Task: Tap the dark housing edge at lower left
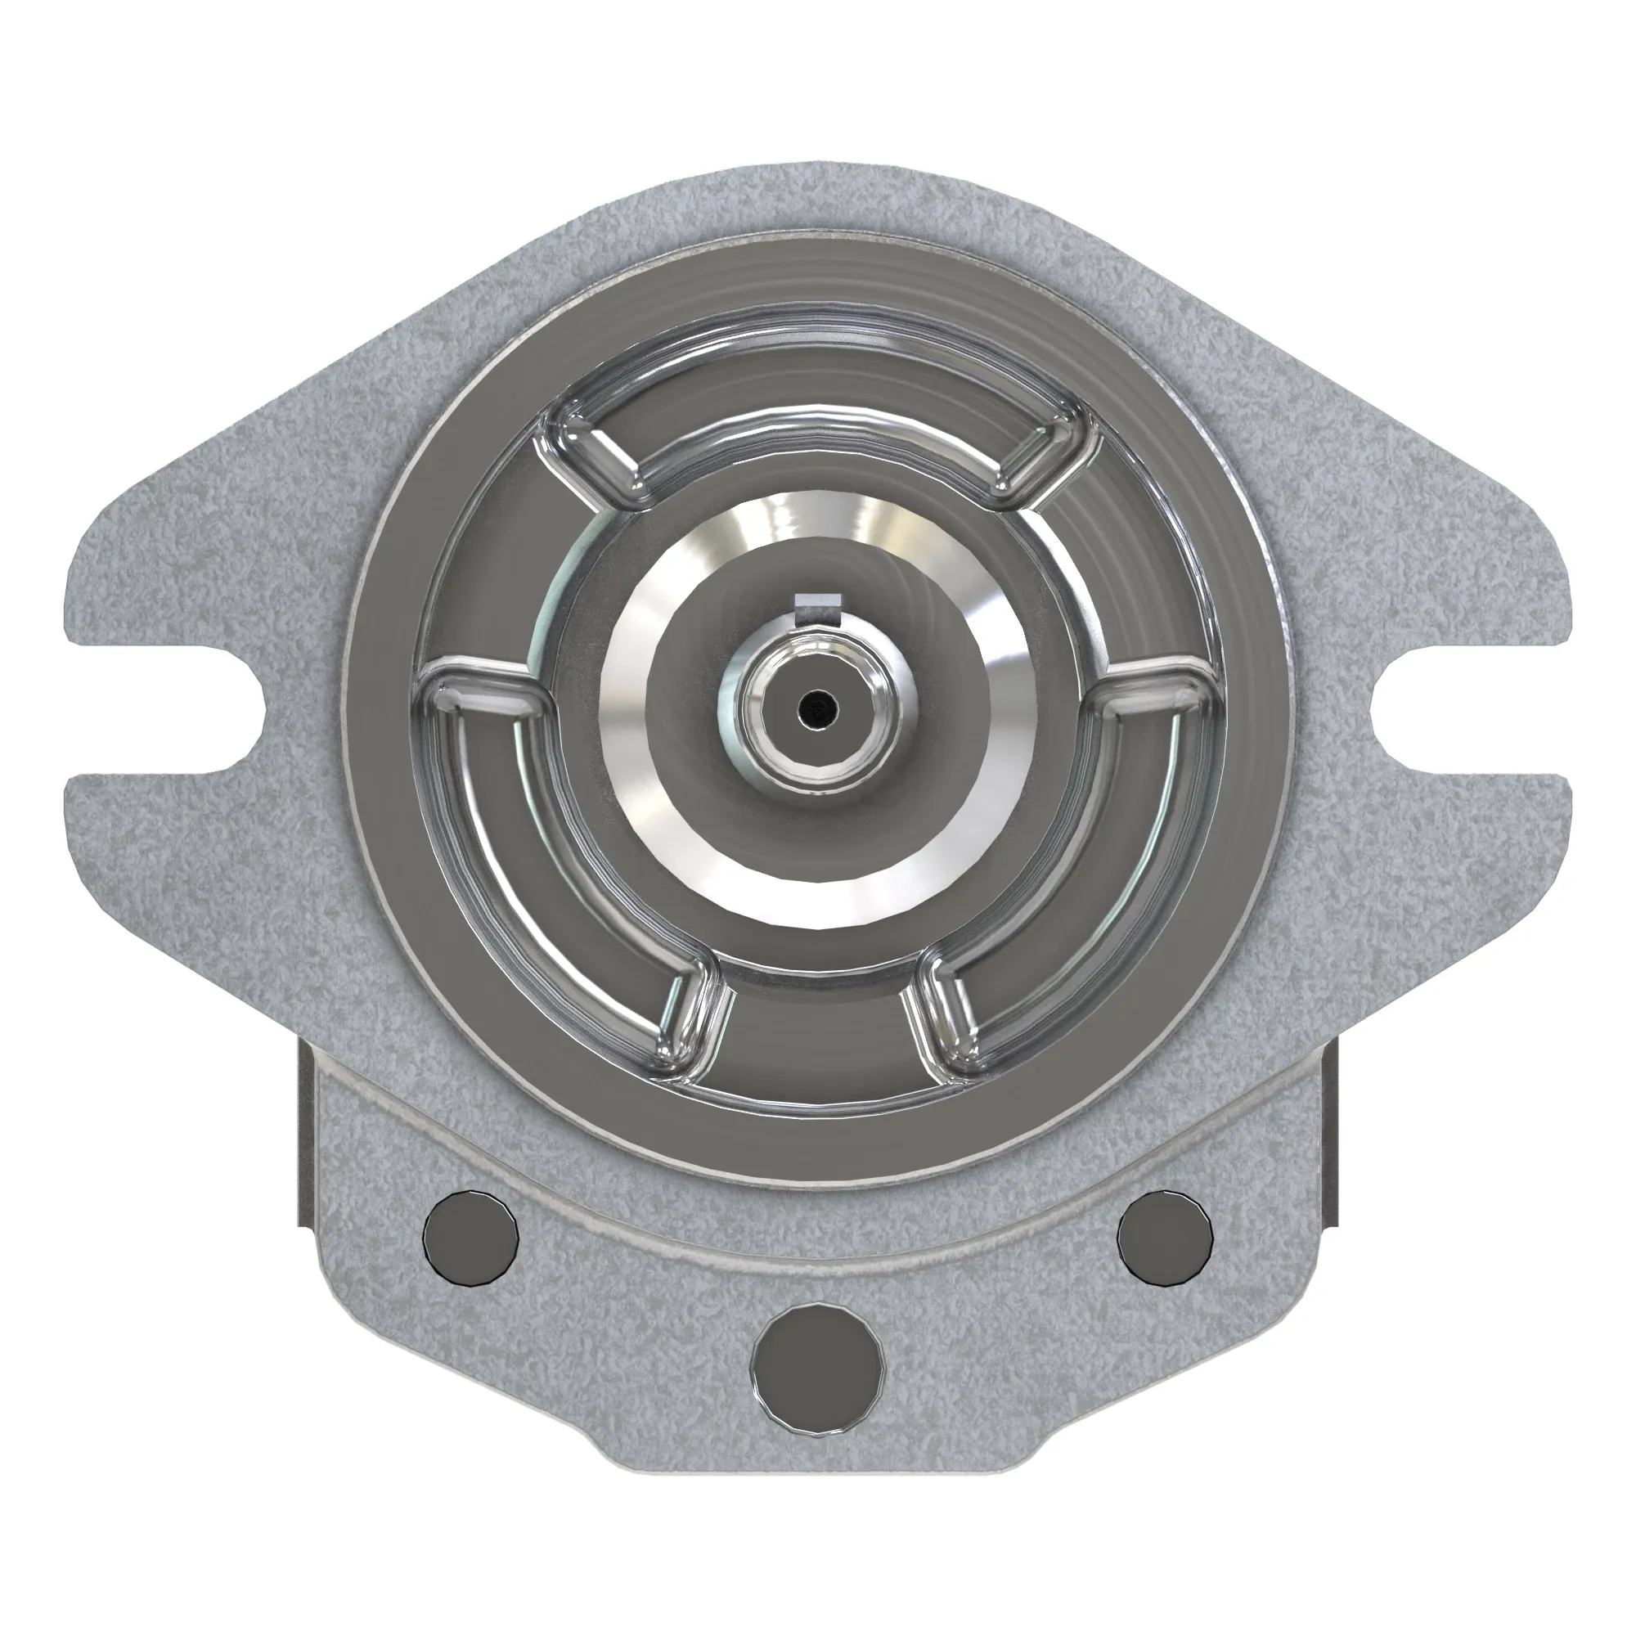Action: coord(304,1144)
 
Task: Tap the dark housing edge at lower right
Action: coord(1333,1144)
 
